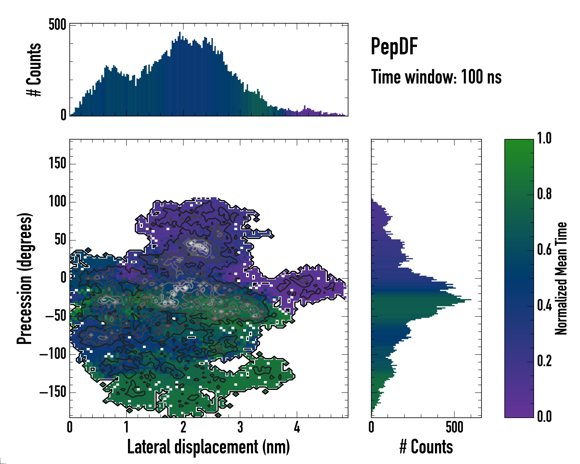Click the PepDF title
[394, 47]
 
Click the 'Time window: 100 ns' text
[436, 77]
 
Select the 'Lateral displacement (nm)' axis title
[208, 447]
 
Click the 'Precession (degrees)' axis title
[25, 278]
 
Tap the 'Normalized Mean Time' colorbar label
[561, 278]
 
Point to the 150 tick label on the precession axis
[57, 164]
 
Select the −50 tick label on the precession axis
[56, 316]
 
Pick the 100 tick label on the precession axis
[57, 202]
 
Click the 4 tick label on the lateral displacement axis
[297, 427]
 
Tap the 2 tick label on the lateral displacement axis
[183, 427]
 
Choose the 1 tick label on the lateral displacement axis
[126, 427]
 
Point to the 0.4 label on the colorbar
[544, 306]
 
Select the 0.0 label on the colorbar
[544, 416]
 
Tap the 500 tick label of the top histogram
[57, 25]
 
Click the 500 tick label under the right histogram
[454, 427]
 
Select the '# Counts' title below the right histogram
[426, 447]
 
